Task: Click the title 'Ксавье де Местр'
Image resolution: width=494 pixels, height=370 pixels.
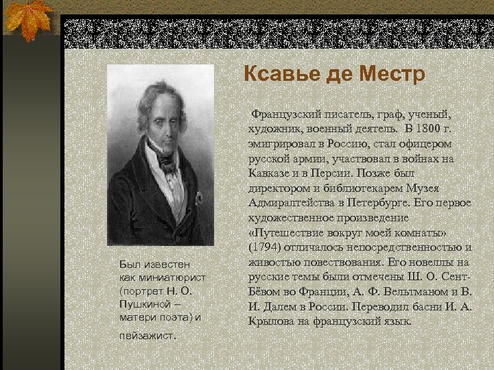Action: (x=334, y=73)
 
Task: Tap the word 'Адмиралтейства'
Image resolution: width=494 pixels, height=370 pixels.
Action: (x=289, y=202)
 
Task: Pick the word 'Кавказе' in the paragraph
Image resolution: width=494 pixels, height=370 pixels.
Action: (x=268, y=173)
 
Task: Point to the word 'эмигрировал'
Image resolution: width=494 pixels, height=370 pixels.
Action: (x=281, y=143)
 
